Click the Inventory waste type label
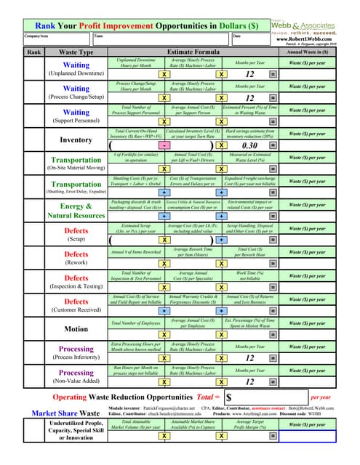click(x=76, y=139)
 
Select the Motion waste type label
click(x=76, y=329)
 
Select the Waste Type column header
click(x=76, y=52)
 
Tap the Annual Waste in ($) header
click(x=317, y=52)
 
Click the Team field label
click(x=98, y=36)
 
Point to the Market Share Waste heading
click(x=68, y=413)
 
